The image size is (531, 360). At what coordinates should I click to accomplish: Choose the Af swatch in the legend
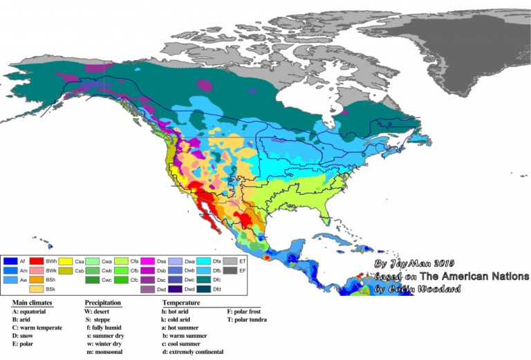(10, 261)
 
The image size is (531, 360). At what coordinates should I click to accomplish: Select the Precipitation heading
(103, 303)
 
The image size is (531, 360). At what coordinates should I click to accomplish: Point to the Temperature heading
(181, 303)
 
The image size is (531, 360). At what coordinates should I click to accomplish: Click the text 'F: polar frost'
(245, 312)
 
